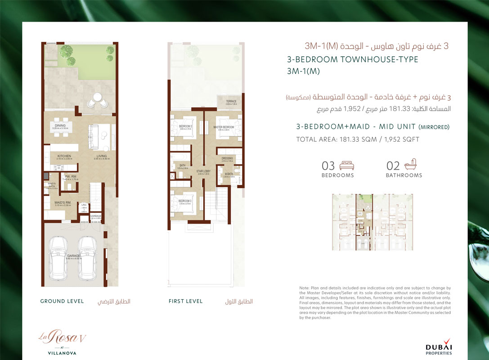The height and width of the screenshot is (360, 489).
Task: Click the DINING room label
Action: click(x=60, y=126)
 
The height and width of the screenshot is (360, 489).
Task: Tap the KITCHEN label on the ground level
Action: click(x=64, y=156)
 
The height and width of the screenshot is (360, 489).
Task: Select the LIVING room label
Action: click(x=102, y=156)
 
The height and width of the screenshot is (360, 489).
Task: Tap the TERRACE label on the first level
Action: click(x=231, y=102)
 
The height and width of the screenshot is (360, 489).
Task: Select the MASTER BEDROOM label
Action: click(x=224, y=127)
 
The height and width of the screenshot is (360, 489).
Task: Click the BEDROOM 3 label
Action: click(x=185, y=201)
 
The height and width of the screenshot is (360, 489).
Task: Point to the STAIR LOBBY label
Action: click(x=203, y=171)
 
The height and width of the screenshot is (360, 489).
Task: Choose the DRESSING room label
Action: click(x=228, y=158)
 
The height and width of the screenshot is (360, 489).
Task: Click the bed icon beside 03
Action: click(x=346, y=166)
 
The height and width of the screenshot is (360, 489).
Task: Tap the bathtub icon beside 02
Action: click(x=410, y=165)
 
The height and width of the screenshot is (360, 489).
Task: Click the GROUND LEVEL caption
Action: click(x=62, y=301)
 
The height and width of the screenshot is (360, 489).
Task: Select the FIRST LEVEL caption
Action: click(x=186, y=301)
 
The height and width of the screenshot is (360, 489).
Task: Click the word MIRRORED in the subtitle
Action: click(x=434, y=127)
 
